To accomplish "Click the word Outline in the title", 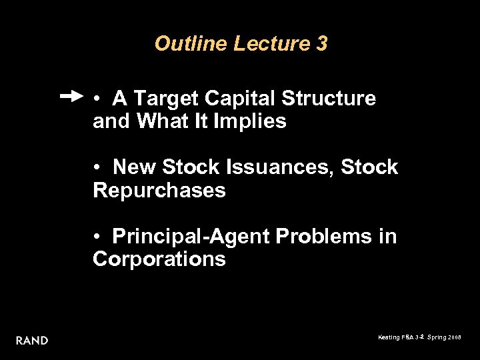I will point(191,44).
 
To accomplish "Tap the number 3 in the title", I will point(322,44).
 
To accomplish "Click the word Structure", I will point(329,99).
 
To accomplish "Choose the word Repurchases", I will point(159,191).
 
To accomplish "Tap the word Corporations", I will point(159,259).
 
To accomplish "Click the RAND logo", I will point(32,341).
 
